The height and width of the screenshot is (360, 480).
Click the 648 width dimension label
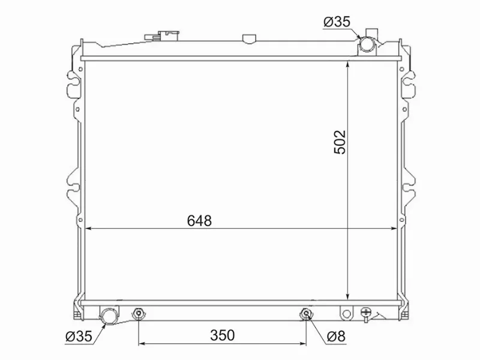tap(199, 221)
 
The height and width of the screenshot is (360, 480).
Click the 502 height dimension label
tap(340, 142)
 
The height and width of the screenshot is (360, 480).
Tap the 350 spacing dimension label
tap(223, 335)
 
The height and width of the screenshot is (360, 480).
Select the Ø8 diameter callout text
tap(336, 337)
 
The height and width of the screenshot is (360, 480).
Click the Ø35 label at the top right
tap(337, 22)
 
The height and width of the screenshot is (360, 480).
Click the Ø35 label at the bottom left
tap(79, 337)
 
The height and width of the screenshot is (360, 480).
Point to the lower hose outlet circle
tap(109, 316)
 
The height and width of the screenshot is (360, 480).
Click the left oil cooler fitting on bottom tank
tap(139, 313)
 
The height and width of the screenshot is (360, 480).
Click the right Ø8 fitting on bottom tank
tap(306, 313)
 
